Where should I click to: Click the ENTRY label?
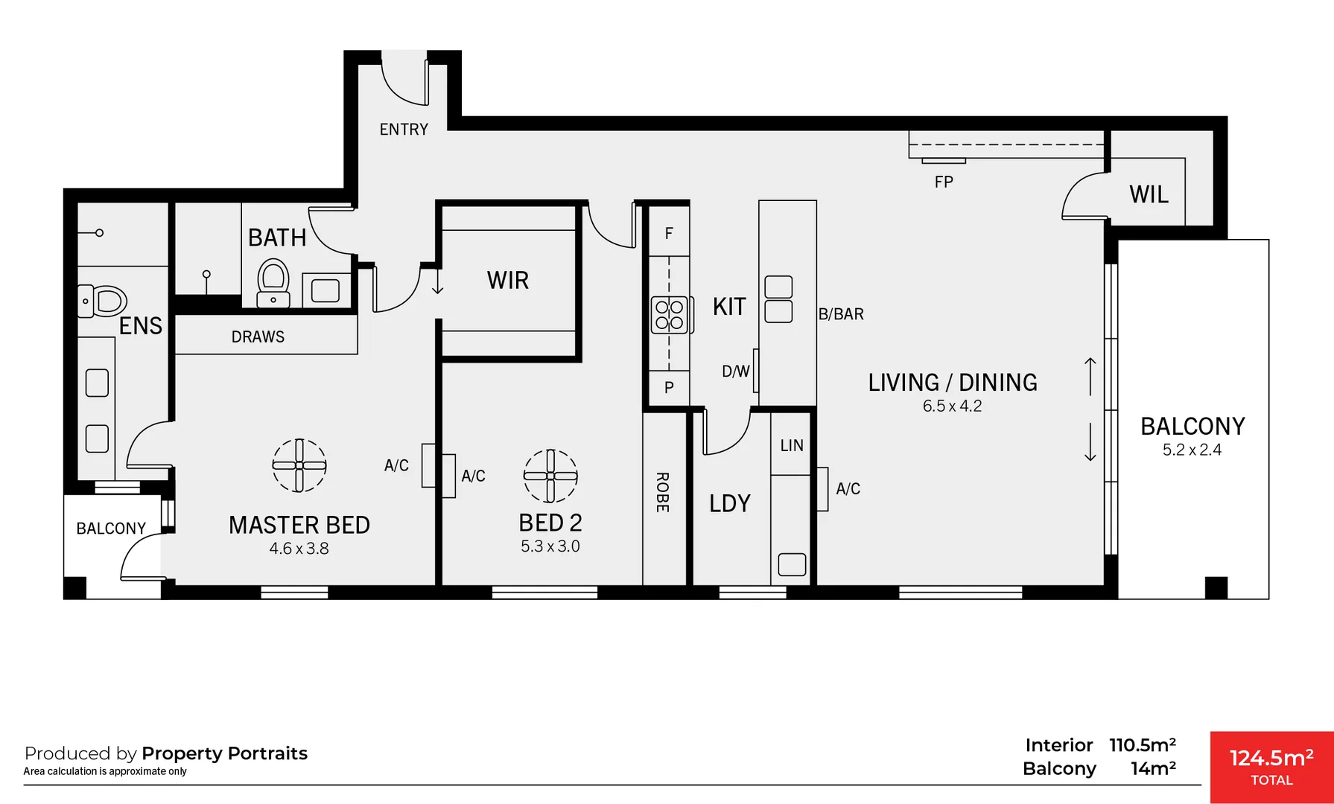(404, 130)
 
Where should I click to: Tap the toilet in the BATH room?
(273, 281)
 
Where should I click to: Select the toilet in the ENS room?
(104, 301)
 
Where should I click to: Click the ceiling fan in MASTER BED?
(299, 465)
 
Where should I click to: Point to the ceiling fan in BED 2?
(550, 476)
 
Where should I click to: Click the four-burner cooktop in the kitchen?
(669, 315)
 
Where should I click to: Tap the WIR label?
(508, 281)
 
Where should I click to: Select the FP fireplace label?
(944, 182)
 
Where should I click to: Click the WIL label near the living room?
(1149, 194)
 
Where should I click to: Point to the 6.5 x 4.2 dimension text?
(952, 406)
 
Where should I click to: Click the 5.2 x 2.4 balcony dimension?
(1192, 450)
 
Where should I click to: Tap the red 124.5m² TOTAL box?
(1271, 767)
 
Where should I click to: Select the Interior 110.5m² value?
(1142, 745)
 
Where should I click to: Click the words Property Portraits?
(224, 753)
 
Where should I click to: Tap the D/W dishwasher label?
(735, 371)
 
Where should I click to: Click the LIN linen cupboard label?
(792, 445)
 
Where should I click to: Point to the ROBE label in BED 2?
(662, 492)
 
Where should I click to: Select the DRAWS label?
(258, 337)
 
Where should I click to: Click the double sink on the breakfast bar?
(778, 299)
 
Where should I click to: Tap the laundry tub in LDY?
(792, 564)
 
